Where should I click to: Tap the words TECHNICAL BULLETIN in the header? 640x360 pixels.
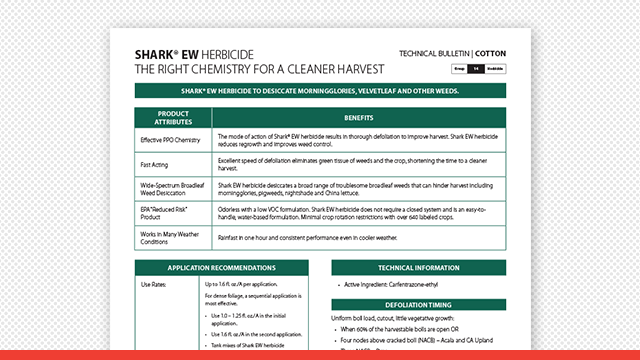pyautogui.click(x=434, y=52)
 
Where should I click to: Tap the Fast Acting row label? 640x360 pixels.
pyautogui.click(x=155, y=163)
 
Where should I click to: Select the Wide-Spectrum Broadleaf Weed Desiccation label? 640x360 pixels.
pyautogui.click(x=173, y=189)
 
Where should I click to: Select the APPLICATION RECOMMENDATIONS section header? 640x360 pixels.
pyautogui.click(x=221, y=269)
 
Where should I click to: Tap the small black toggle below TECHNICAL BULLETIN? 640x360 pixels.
pyautogui.click(x=479, y=68)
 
